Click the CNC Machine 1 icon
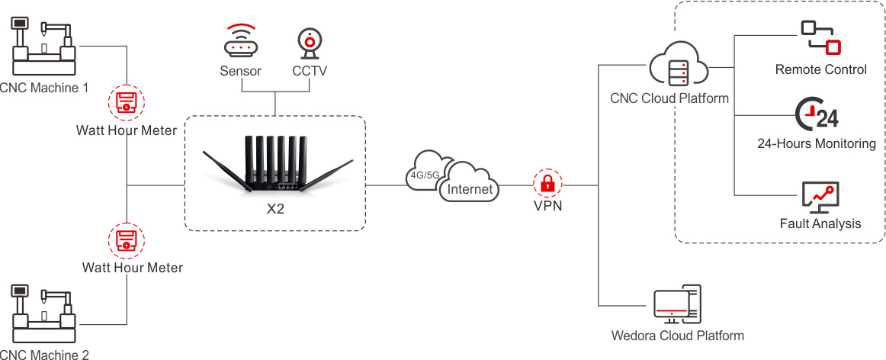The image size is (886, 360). coord(43,47)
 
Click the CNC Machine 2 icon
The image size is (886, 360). coord(43,313)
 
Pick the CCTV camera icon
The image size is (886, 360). coord(310,43)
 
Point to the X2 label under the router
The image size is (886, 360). coord(275,209)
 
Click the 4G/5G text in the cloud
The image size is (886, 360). coord(425,173)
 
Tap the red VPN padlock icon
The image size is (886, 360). coord(547,184)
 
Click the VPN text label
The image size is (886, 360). coord(547,206)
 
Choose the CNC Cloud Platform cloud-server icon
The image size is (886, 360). coord(679,63)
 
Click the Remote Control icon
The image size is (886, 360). coord(820,37)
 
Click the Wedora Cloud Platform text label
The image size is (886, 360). coord(677,336)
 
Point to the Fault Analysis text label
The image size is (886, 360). coord(820,223)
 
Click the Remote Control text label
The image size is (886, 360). coord(820,69)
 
